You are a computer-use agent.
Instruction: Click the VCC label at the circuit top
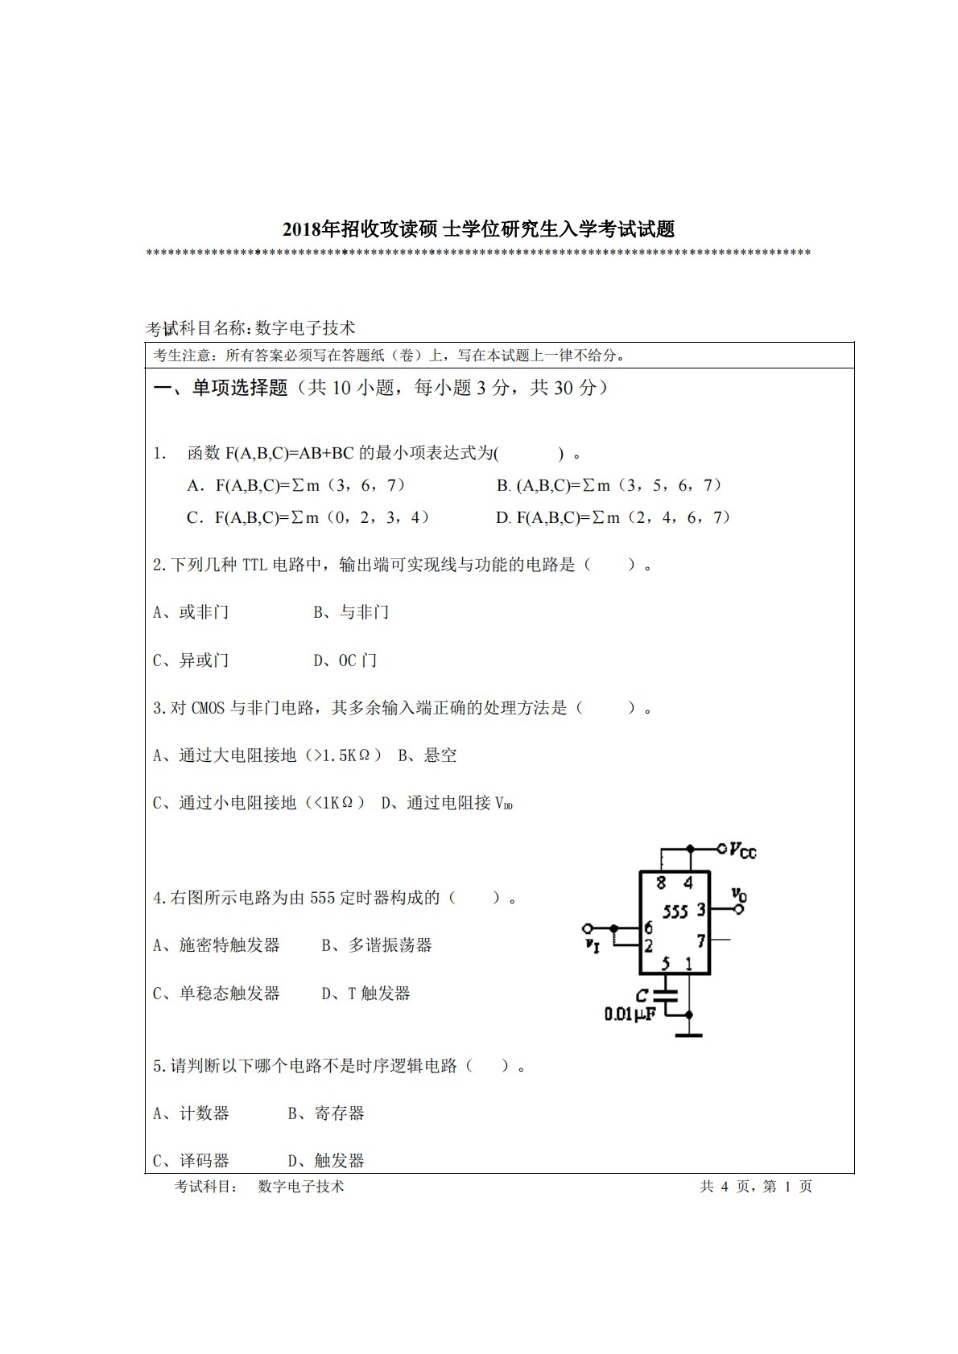[x=741, y=850]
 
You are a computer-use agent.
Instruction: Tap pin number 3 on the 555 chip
[x=700, y=909]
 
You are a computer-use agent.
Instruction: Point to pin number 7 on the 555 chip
[x=701, y=940]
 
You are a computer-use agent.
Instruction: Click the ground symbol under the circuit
[x=689, y=1035]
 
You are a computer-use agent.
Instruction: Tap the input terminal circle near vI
[x=588, y=928]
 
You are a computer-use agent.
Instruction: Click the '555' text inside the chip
[x=675, y=912]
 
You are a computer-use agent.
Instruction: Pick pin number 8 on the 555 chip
[x=661, y=883]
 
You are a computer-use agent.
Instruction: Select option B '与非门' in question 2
[x=351, y=612]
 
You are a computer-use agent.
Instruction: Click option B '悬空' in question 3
[x=427, y=755]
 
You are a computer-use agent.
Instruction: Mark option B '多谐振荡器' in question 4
[x=377, y=945]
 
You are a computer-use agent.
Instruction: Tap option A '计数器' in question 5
[x=192, y=1113]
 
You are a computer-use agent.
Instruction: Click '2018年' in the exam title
[x=311, y=229]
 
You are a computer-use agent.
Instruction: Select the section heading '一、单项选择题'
[x=220, y=388]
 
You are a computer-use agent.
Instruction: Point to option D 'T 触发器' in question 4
[x=366, y=994]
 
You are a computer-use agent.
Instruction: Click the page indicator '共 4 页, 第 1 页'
[x=756, y=1187]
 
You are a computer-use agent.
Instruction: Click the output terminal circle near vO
[x=739, y=909]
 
